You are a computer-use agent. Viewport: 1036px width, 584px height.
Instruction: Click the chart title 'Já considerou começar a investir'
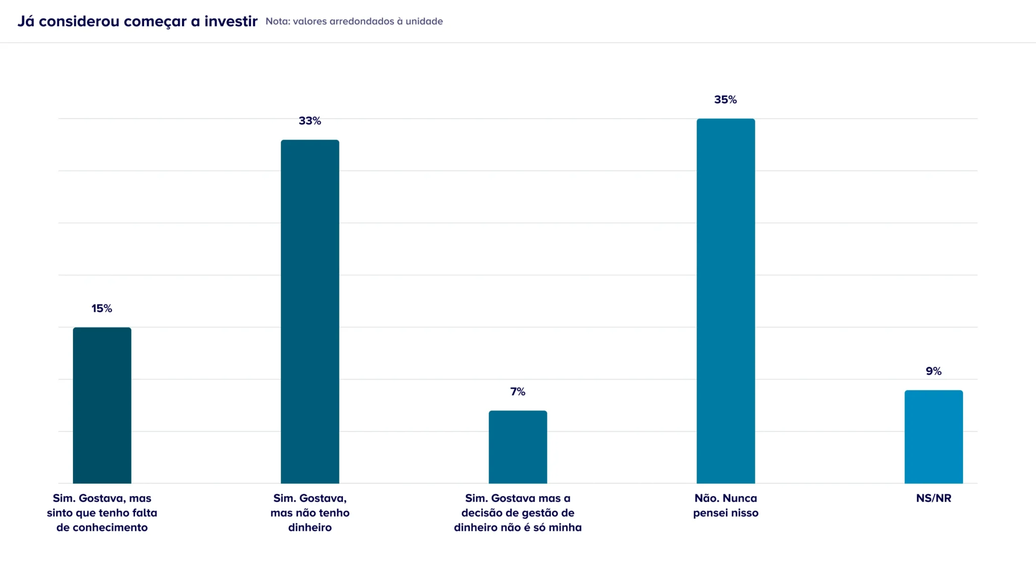[x=138, y=21]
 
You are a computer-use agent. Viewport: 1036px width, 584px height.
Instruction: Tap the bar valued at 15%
[x=102, y=405]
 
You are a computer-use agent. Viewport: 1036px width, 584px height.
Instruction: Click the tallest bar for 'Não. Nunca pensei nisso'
[x=725, y=301]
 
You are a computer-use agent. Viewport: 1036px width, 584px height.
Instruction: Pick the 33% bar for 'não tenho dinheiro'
[x=310, y=311]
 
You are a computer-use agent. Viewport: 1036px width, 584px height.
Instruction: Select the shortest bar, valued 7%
[x=517, y=447]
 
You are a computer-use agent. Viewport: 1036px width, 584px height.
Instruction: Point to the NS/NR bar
[x=933, y=437]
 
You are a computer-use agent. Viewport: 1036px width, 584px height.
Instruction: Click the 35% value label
[x=725, y=100]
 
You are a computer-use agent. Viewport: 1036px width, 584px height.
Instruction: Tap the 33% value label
[x=310, y=121]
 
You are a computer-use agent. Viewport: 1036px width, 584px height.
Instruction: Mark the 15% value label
[x=102, y=309]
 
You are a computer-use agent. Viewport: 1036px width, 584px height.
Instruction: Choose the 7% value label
[x=517, y=392]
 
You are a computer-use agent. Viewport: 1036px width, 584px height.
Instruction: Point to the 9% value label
[x=933, y=371]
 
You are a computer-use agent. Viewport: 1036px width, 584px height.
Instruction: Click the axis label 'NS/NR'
[x=933, y=498]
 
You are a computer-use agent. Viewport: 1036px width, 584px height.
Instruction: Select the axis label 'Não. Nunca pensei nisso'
[x=725, y=506]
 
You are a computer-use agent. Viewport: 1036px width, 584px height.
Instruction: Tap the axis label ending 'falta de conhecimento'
[x=102, y=513]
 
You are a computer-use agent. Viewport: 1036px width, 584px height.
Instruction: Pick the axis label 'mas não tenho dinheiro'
[x=310, y=513]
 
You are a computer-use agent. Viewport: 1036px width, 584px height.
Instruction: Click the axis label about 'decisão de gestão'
[x=517, y=513]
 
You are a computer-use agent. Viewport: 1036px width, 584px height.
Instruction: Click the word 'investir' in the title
[x=231, y=21]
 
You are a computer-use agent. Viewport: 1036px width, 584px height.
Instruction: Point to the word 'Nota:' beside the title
[x=278, y=21]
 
